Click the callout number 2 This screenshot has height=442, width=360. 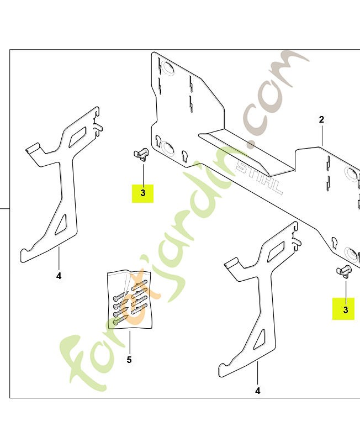pyautogui.click(x=321, y=119)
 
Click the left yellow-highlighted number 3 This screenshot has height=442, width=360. pyautogui.click(x=143, y=193)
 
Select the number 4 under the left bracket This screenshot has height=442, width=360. pyautogui.click(x=59, y=276)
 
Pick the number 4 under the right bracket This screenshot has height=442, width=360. pyautogui.click(x=257, y=391)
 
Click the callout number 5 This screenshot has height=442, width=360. pyautogui.click(x=129, y=360)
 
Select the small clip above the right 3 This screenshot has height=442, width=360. pyautogui.click(x=344, y=271)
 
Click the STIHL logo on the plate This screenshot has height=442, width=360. pyautogui.click(x=259, y=177)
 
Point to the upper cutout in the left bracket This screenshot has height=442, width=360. pyautogui.click(x=77, y=136)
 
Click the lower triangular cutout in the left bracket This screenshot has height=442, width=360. pyautogui.click(x=61, y=225)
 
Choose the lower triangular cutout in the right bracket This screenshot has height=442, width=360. pyautogui.click(x=260, y=339)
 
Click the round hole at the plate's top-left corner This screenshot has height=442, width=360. pyautogui.click(x=168, y=69)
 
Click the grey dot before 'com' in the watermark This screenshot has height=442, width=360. pyautogui.click(x=251, y=144)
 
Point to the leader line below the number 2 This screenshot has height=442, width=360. pyautogui.click(x=321, y=135)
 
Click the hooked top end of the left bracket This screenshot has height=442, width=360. pyautogui.click(x=97, y=118)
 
